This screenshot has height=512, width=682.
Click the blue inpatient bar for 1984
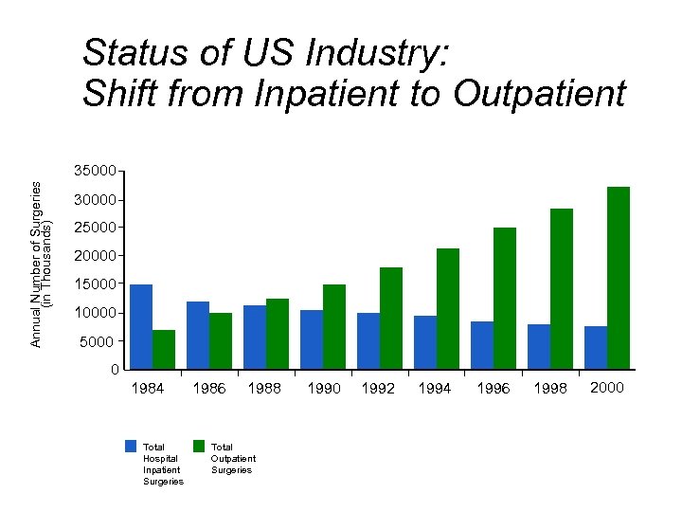(x=141, y=326)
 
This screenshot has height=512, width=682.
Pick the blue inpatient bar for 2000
(x=596, y=347)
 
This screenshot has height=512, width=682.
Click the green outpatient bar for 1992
(x=391, y=318)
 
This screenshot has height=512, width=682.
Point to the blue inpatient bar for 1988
(x=255, y=337)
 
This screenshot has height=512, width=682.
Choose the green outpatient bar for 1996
(x=505, y=298)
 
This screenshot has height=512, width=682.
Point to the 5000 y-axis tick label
(x=99, y=341)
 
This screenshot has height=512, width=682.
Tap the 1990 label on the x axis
(x=324, y=388)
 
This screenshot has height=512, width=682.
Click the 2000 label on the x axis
(x=606, y=387)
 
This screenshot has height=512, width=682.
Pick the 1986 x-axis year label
(x=209, y=388)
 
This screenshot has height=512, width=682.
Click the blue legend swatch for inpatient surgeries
(x=131, y=446)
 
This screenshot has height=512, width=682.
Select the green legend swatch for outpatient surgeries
(x=199, y=446)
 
